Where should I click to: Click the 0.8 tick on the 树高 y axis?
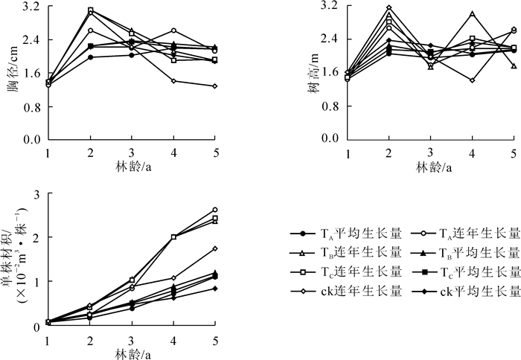click(331, 106)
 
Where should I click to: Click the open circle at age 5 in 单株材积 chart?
click(214, 210)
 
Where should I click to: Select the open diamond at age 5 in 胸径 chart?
click(214, 86)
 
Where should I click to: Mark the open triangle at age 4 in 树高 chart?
click(472, 13)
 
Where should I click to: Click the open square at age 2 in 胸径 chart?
click(90, 10)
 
